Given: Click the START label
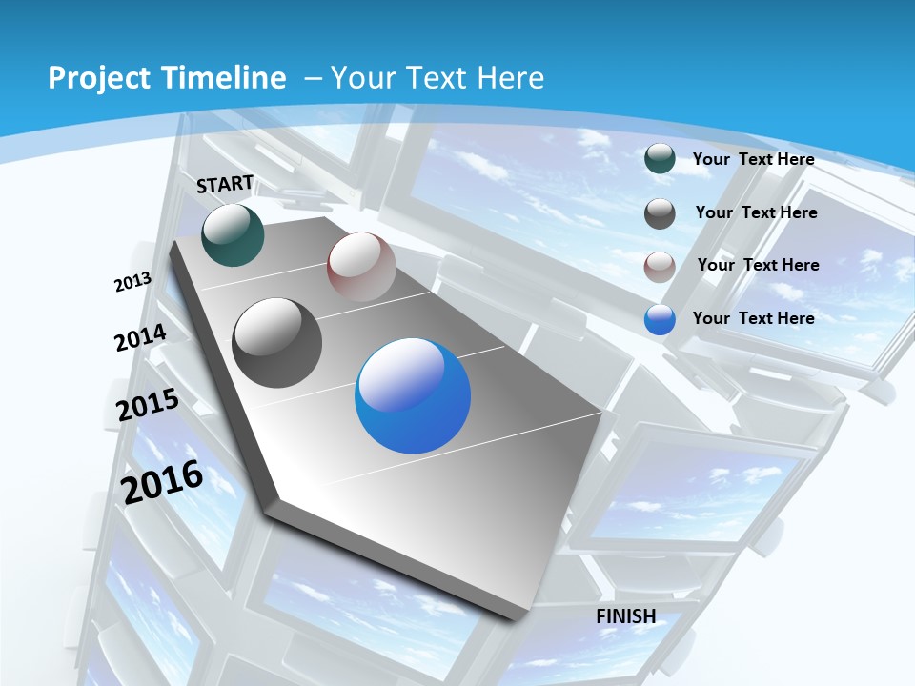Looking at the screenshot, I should [225, 184].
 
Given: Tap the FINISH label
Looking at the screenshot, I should [626, 615].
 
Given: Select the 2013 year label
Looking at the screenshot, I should [132, 282].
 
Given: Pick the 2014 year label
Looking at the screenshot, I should [140, 338].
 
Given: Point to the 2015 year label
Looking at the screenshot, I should [148, 404].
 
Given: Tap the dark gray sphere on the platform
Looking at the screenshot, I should [277, 343].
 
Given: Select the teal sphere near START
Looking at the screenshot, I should [233, 235].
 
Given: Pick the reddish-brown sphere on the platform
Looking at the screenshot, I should [361, 267].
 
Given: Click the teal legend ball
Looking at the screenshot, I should [660, 159].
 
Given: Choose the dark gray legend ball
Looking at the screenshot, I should [660, 213].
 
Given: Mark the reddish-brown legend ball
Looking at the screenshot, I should [660, 267].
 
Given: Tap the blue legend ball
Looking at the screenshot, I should [660, 319].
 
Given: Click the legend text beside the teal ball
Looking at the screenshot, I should [753, 159].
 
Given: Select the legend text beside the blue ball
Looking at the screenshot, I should [753, 318].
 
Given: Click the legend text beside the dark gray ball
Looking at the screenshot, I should [756, 212].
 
